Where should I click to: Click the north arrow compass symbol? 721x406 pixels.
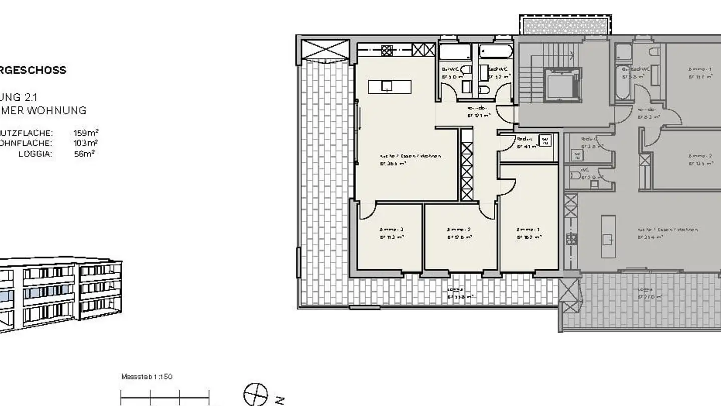256,394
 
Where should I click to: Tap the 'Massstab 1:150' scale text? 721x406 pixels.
147,376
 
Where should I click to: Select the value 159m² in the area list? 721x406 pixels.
86,133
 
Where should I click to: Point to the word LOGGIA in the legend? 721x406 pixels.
35,154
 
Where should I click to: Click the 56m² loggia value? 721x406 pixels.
84,154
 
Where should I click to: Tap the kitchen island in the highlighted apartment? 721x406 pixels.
390,87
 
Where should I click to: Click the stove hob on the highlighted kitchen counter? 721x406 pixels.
387,50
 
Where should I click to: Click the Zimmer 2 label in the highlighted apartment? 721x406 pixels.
459,233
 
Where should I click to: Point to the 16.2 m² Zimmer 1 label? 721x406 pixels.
529,234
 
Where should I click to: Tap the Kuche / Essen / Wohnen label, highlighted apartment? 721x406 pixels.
410,159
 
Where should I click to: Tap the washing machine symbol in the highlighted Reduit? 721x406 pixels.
546,141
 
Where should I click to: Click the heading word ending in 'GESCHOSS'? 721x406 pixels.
33,70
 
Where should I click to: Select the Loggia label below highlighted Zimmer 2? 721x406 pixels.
459,293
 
